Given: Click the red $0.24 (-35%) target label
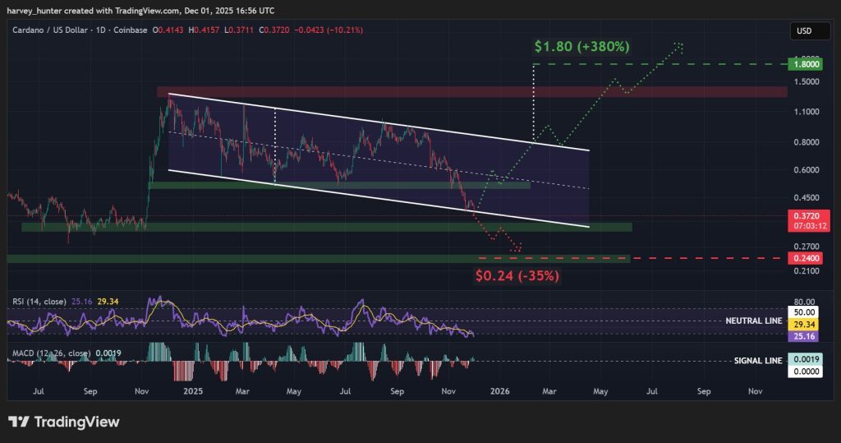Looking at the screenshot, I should coord(517,276).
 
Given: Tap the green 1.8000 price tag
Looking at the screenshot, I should coord(802,63).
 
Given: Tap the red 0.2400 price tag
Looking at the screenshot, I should coord(802,258).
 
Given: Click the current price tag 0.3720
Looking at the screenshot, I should coord(802,216).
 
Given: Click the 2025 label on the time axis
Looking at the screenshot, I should coord(194,393).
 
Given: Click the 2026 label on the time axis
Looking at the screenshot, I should coord(499,393).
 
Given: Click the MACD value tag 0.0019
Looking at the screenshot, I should coord(802,360).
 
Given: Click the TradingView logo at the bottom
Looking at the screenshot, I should coord(64,422).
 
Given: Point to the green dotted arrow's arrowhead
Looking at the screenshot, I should coord(680,44).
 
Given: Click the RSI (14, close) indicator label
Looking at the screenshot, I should coord(39,301).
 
